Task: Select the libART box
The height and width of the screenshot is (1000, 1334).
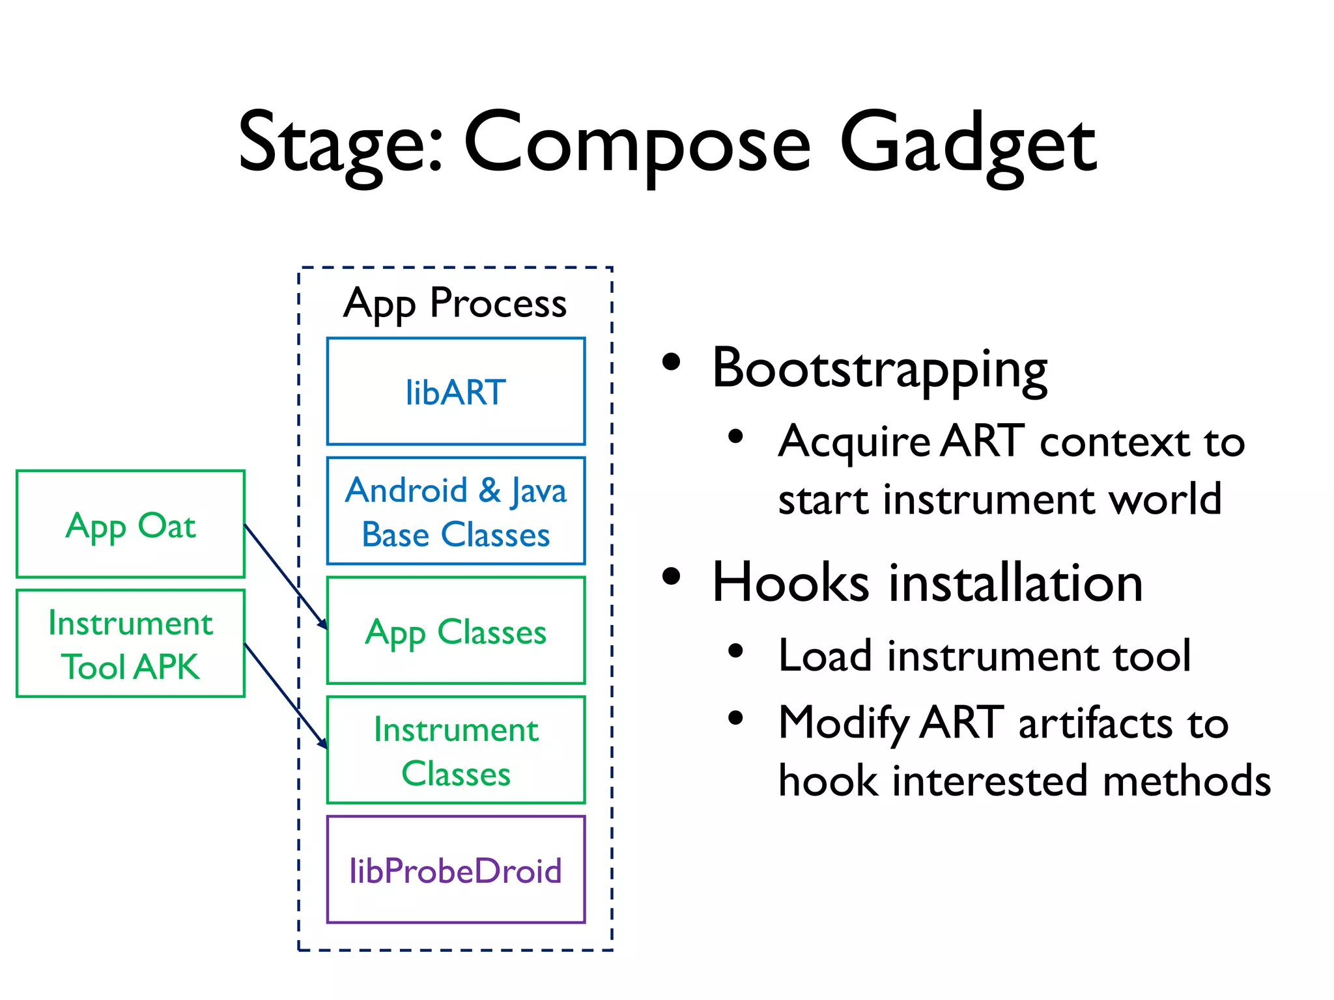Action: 455,391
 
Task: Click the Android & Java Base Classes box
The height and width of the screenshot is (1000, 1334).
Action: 455,511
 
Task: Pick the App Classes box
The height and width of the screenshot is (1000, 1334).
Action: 455,631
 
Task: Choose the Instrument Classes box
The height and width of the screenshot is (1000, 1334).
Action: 455,751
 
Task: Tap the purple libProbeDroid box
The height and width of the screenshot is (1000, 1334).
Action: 455,870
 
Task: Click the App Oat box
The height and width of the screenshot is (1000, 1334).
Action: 130,524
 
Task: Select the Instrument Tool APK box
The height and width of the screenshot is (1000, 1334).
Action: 130,644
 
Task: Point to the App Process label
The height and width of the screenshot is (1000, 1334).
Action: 455,303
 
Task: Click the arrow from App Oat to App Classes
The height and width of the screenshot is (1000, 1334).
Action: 285,576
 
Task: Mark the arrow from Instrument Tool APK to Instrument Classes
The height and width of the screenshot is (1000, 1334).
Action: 285,695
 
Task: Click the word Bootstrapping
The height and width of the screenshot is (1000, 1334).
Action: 879,369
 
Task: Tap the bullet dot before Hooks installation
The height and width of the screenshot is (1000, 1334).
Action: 671,576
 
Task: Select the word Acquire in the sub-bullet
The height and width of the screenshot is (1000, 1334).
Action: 855,441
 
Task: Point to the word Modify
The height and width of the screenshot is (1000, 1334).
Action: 844,723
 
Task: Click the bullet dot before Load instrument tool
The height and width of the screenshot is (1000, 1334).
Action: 735,650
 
